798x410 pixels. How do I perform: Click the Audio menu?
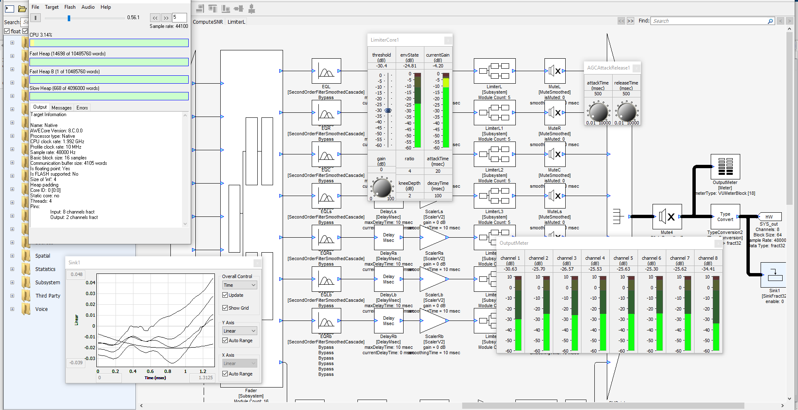pyautogui.click(x=88, y=7)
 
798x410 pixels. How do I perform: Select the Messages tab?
pyautogui.click(x=62, y=108)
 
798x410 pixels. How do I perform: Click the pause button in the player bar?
pyautogui.click(x=35, y=17)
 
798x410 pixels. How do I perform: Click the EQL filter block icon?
pyautogui.click(x=326, y=71)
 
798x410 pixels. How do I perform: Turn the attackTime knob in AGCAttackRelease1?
pyautogui.click(x=598, y=112)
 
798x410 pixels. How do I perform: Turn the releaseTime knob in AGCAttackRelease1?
pyautogui.click(x=627, y=112)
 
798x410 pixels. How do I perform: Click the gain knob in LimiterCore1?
pyautogui.click(x=382, y=187)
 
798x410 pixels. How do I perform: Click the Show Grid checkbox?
pyautogui.click(x=225, y=308)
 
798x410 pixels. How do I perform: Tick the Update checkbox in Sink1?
pyautogui.click(x=225, y=295)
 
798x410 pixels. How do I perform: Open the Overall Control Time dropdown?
pyautogui.click(x=240, y=285)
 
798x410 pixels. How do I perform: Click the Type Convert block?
pyautogui.click(x=725, y=216)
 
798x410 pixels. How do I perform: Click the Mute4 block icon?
pyautogui.click(x=667, y=216)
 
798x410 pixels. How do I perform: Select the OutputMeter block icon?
pyautogui.click(x=725, y=166)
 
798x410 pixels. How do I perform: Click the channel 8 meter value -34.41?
pyautogui.click(x=708, y=269)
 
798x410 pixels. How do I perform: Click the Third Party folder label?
pyautogui.click(x=48, y=296)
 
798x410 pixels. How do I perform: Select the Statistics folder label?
pyautogui.click(x=45, y=269)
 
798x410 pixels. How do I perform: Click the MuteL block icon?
pyautogui.click(x=554, y=71)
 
